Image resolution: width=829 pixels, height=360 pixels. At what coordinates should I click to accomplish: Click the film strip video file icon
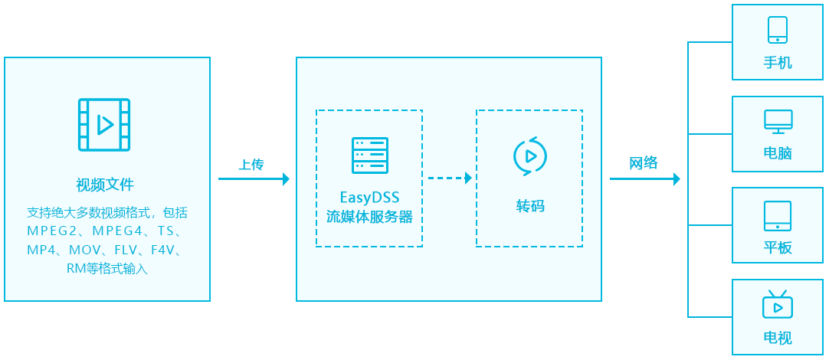pos(104,125)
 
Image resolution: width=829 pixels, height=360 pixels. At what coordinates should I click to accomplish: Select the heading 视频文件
pos(105,185)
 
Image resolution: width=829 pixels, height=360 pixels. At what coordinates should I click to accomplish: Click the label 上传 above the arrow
pos(251,164)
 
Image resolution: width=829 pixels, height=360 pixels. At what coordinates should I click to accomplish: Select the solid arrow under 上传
pos(254,179)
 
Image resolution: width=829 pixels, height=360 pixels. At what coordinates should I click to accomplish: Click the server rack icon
pos(369,155)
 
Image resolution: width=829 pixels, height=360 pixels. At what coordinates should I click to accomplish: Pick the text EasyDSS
pos(369,198)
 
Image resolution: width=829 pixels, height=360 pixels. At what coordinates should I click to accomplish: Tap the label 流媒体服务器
pos(369,217)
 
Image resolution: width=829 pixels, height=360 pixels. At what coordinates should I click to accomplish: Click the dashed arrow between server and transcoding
pos(450,178)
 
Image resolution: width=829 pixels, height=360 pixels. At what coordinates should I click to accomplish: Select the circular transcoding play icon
pos(529,155)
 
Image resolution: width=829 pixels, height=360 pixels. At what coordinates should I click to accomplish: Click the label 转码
pos(529,206)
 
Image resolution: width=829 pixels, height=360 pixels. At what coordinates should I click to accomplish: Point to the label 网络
pos(644,163)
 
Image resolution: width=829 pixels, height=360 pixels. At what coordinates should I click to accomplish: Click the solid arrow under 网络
pos(644,179)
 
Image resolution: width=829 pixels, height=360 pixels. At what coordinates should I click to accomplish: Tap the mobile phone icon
pos(778,30)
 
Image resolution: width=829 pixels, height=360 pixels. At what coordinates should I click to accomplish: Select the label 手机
pos(778,62)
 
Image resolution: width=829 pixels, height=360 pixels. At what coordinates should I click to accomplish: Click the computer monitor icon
pos(778,121)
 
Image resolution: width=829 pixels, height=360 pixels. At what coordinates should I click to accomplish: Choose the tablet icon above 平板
pos(778,216)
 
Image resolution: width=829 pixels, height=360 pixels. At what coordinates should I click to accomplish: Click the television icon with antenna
pos(778,305)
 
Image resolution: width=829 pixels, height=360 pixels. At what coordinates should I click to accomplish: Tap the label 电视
pos(778,338)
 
